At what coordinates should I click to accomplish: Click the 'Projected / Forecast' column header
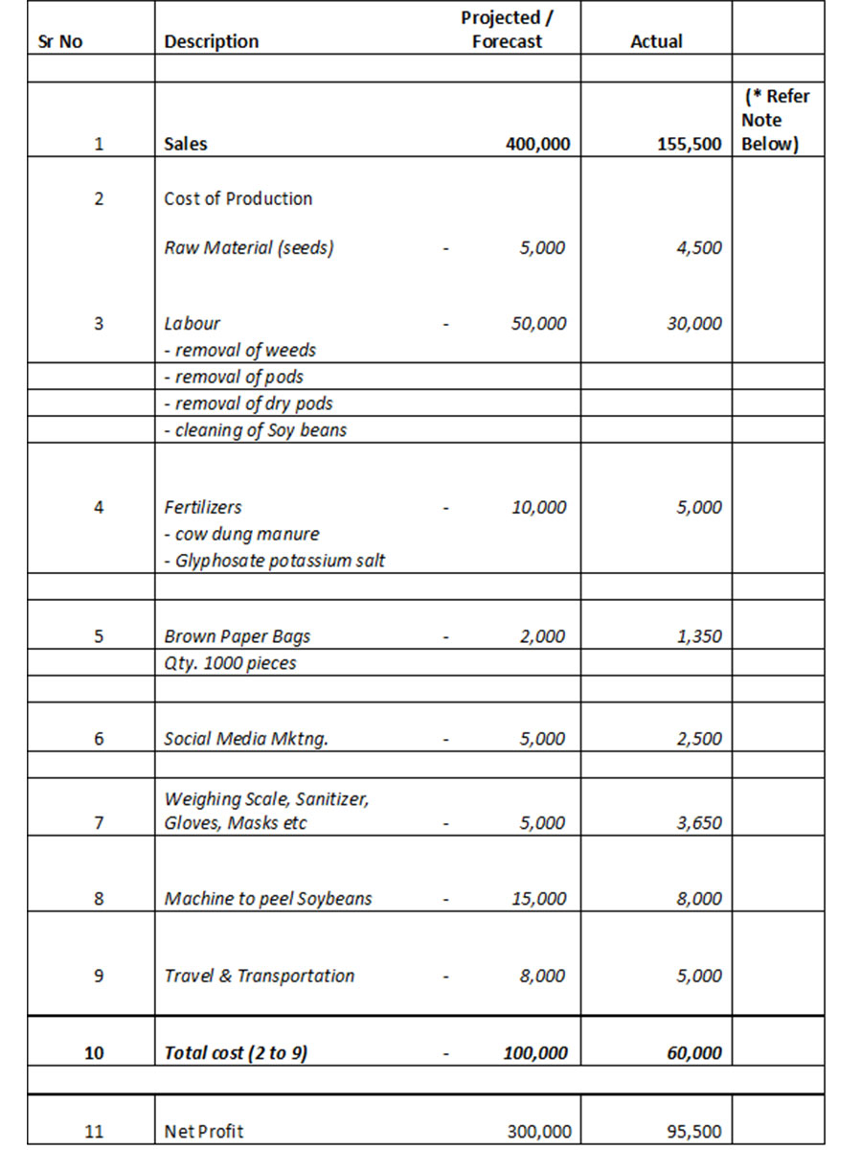tap(507, 30)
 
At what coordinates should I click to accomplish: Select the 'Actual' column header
tap(656, 41)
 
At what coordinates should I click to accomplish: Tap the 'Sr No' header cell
tap(58, 41)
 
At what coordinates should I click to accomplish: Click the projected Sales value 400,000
tap(537, 145)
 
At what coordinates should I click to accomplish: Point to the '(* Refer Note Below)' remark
tap(776, 120)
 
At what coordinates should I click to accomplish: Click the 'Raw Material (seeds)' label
tap(249, 247)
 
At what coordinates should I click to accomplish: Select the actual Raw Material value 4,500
tap(700, 247)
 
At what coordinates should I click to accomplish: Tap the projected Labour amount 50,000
tap(539, 324)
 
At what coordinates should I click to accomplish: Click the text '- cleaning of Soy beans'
tap(256, 430)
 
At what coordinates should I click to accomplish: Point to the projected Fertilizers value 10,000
tap(539, 507)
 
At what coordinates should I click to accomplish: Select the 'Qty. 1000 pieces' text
tap(230, 663)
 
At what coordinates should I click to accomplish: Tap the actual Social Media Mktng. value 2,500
tap(700, 739)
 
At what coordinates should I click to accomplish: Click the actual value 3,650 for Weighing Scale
tap(700, 822)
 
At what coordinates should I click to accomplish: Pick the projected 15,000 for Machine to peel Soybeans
tap(539, 899)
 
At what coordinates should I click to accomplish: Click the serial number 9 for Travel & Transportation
tap(99, 976)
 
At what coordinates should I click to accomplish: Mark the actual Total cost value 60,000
tap(694, 1053)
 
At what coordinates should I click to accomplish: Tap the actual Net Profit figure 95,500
tap(694, 1132)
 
